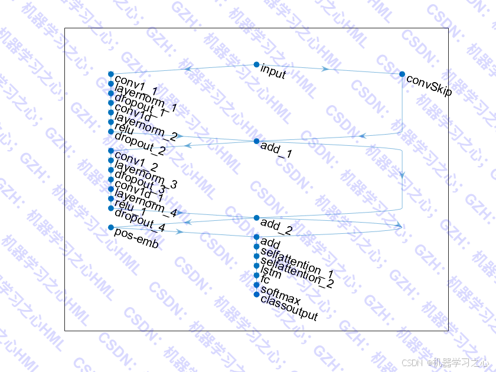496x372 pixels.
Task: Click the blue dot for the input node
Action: pyautogui.click(x=256, y=64)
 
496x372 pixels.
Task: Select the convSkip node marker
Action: pyautogui.click(x=402, y=74)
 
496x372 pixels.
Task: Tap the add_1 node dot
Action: pyautogui.click(x=256, y=142)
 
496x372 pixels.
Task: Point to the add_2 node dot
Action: pyautogui.click(x=256, y=218)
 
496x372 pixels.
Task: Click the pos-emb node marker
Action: pyautogui.click(x=111, y=227)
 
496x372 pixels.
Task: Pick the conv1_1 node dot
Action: pyautogui.click(x=111, y=74)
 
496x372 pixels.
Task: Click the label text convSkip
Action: pyautogui.click(x=429, y=86)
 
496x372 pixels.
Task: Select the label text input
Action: pyautogui.click(x=273, y=73)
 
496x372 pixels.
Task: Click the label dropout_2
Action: pyautogui.click(x=140, y=145)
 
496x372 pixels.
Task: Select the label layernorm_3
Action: pyautogui.click(x=146, y=177)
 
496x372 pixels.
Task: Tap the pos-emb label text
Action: pyautogui.click(x=136, y=239)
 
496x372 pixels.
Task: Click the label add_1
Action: pyautogui.click(x=276, y=151)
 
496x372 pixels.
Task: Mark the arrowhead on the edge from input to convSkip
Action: pyautogui.click(x=326, y=69)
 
